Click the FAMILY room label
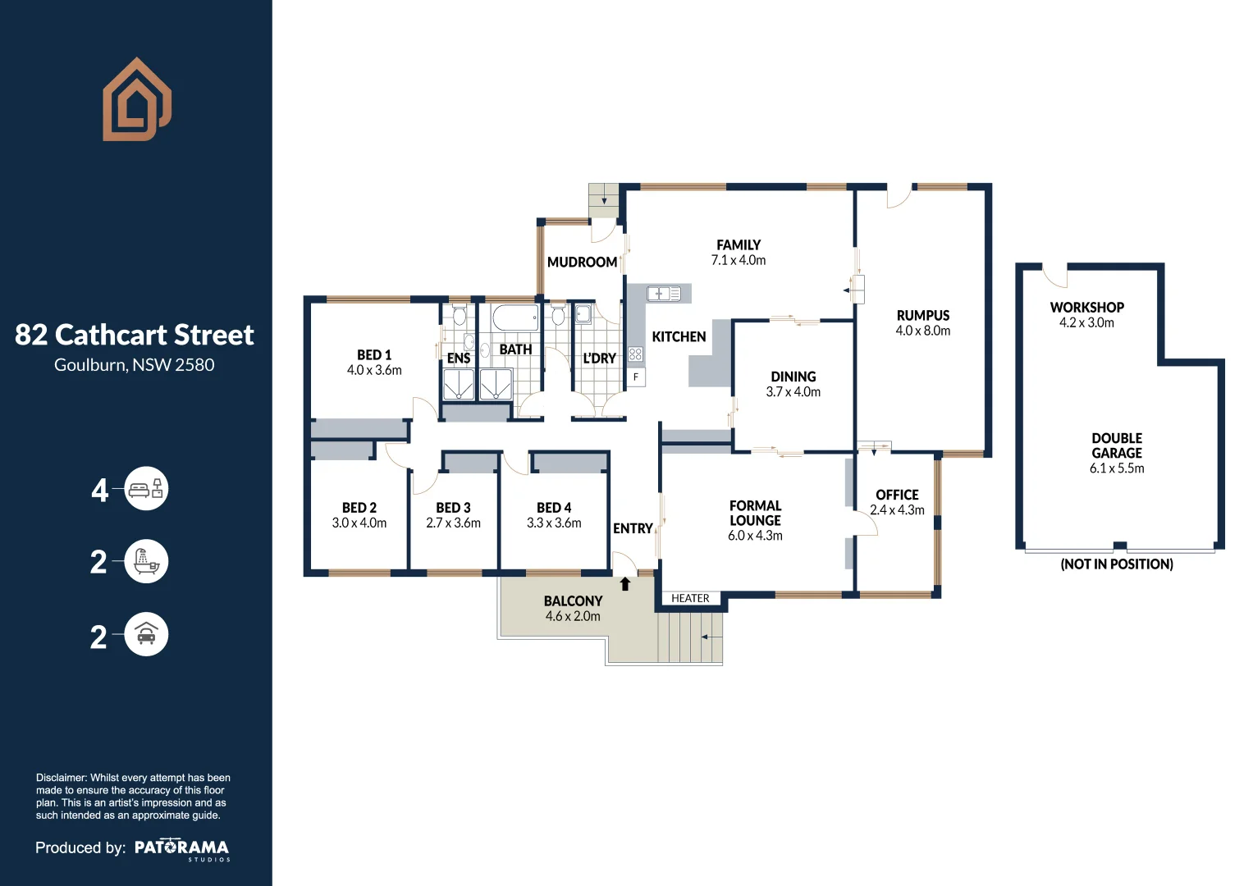click(x=738, y=244)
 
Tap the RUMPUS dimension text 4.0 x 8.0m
click(x=922, y=331)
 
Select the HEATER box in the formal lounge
click(x=690, y=599)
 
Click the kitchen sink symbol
click(x=663, y=293)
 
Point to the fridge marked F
click(x=636, y=377)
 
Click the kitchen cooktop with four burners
click(x=635, y=354)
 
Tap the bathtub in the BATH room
click(x=515, y=317)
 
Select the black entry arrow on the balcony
click(x=625, y=584)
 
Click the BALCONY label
click(x=573, y=601)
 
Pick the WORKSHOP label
click(x=1086, y=308)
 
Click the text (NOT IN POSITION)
click(x=1116, y=564)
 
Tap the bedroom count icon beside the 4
click(x=146, y=490)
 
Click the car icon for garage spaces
click(x=146, y=634)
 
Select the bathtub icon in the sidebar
click(x=146, y=562)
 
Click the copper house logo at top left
click(x=136, y=99)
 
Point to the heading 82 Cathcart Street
click(x=135, y=335)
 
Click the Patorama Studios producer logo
click(x=182, y=848)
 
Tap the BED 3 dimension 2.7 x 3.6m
click(x=453, y=523)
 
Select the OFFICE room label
click(x=897, y=495)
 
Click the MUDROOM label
click(x=582, y=263)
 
